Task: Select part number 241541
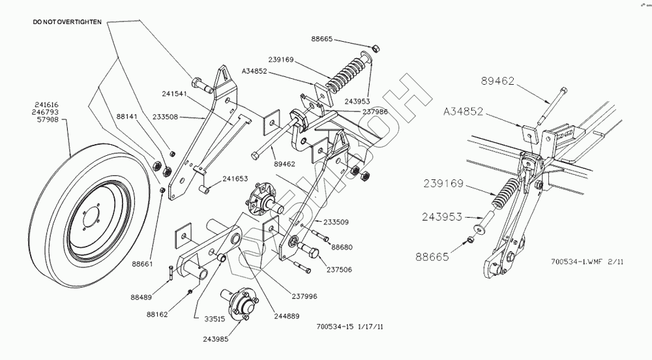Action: click(175, 95)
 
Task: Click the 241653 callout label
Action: click(235, 178)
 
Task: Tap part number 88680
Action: click(342, 247)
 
